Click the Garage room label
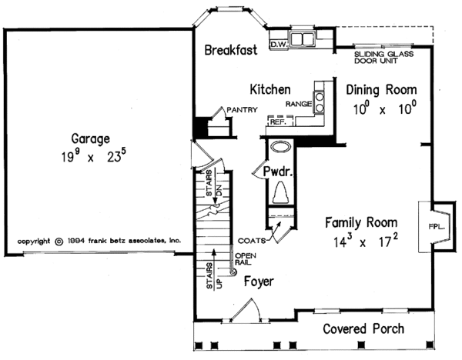click(90, 139)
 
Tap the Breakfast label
click(231, 50)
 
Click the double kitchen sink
click(302, 39)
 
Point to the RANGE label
click(299, 104)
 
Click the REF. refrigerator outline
click(280, 121)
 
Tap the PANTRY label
click(243, 110)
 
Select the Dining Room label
click(381, 90)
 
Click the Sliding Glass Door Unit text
click(383, 58)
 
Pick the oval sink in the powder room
click(281, 147)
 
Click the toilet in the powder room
click(281, 192)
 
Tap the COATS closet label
click(252, 241)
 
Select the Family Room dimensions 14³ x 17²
click(366, 242)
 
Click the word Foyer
click(259, 282)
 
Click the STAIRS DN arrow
click(216, 185)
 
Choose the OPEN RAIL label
click(245, 259)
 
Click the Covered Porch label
click(363, 329)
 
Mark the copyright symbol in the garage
click(59, 242)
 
